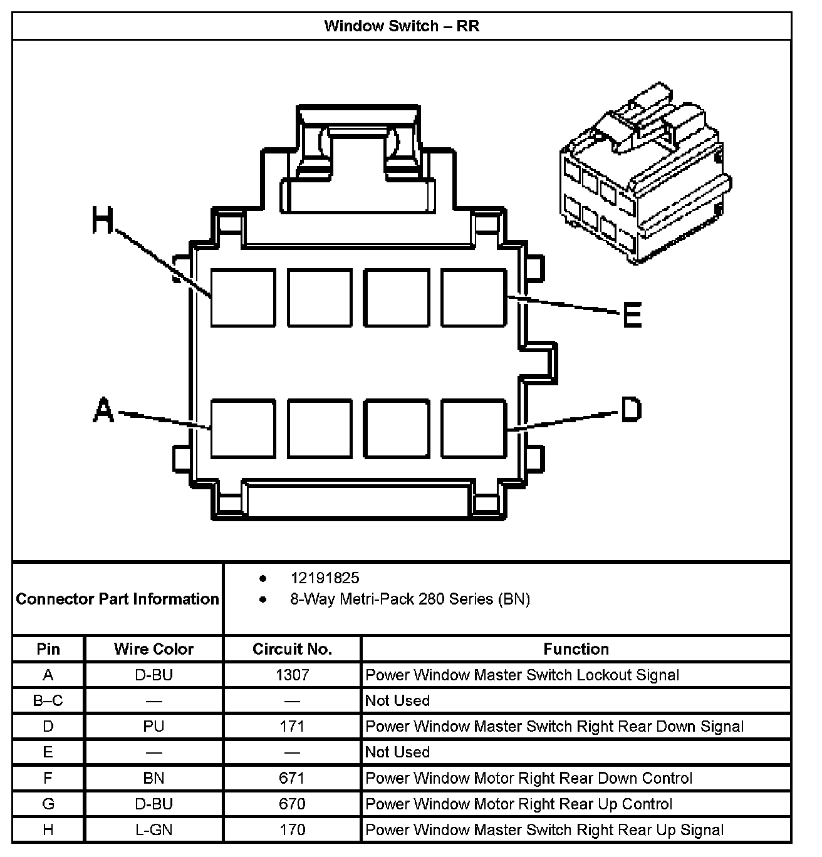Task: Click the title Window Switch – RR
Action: click(x=402, y=26)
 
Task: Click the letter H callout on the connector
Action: click(x=103, y=221)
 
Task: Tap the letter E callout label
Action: click(x=632, y=314)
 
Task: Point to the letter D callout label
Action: click(x=631, y=410)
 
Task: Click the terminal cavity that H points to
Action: click(x=243, y=298)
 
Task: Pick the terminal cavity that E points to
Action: click(x=474, y=298)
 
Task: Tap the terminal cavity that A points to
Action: click(x=243, y=428)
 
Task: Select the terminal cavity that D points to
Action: click(x=474, y=428)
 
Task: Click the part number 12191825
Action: click(x=325, y=578)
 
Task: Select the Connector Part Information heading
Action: click(x=118, y=599)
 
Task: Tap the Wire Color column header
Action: click(x=153, y=649)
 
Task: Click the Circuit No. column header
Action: click(x=292, y=649)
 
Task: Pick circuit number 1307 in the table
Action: click(x=292, y=675)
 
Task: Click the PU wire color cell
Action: click(x=153, y=726)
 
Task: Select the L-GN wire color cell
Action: click(x=153, y=830)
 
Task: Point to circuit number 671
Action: click(x=292, y=778)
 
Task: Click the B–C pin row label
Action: click(x=48, y=700)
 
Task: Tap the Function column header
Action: click(x=576, y=649)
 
